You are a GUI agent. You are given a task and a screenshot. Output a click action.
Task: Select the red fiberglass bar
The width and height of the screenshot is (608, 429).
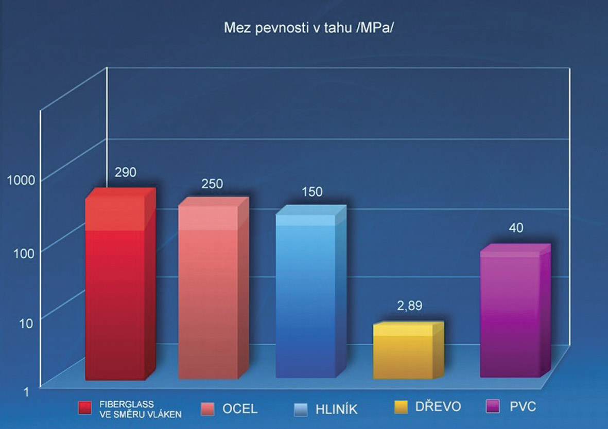(115, 288)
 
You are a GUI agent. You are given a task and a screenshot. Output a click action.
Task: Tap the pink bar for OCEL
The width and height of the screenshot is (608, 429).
(208, 293)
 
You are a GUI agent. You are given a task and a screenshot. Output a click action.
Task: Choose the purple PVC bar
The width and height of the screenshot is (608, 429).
(510, 314)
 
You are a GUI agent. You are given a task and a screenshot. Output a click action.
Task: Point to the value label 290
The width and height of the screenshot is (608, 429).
(126, 172)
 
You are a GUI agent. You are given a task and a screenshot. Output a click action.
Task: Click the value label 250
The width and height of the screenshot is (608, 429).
(213, 184)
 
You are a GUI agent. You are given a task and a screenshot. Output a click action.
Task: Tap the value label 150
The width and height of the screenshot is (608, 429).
(312, 192)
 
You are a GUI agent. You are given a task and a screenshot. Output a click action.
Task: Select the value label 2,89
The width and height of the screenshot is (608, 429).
(410, 306)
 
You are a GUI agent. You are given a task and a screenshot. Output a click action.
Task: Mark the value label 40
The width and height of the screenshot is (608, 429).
(516, 227)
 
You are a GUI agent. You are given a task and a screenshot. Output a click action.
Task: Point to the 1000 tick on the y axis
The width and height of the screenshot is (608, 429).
(21, 180)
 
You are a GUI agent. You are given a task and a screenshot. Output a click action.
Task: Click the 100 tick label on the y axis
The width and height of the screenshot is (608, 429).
(24, 252)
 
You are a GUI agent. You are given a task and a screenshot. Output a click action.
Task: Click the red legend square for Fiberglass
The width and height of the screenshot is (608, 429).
(85, 408)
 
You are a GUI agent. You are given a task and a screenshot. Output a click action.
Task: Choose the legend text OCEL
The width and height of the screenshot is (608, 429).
(240, 409)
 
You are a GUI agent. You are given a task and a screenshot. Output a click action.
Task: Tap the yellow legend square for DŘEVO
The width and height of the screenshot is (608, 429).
(401, 407)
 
